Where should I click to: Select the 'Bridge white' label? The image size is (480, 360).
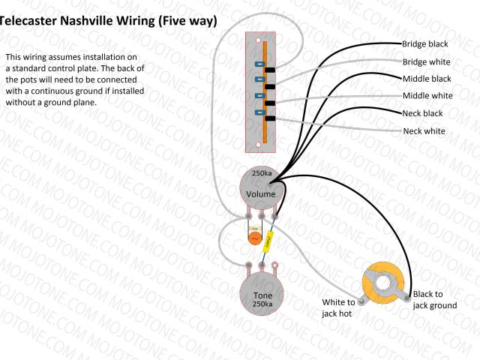[426, 62]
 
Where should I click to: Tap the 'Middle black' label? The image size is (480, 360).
[427, 79]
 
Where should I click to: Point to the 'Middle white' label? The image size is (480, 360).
[427, 96]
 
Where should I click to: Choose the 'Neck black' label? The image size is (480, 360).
[422, 113]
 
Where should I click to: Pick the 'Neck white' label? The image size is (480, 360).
[424, 131]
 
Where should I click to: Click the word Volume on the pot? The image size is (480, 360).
[261, 193]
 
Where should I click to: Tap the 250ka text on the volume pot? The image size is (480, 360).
[261, 174]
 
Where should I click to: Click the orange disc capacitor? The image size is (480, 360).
[255, 238]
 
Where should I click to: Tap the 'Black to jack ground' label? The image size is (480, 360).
[434, 300]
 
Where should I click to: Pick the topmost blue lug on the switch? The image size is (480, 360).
[259, 64]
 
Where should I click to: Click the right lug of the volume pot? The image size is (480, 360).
[275, 217]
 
